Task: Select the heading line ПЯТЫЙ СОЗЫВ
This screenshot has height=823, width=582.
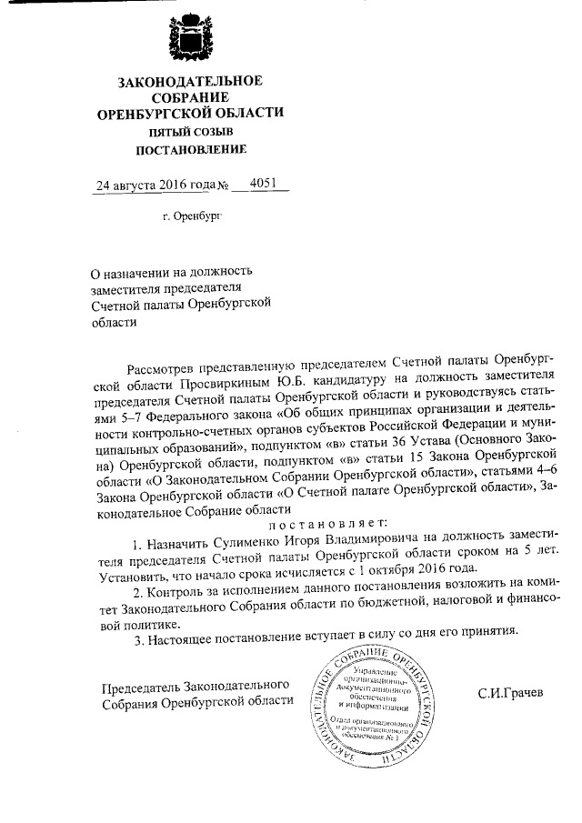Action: coord(190,132)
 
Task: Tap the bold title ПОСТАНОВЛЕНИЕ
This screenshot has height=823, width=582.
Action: coord(190,149)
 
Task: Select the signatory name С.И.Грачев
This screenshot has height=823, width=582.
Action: coord(509,694)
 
